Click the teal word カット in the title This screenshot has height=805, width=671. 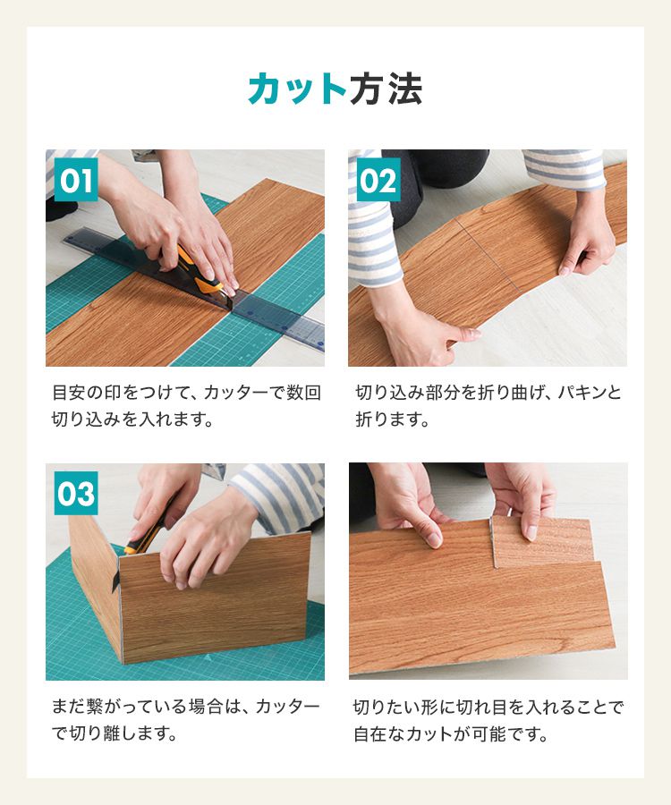[298, 89]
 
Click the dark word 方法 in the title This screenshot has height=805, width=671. [386, 89]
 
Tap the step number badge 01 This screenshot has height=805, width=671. [76, 180]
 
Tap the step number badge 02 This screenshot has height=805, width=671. [378, 180]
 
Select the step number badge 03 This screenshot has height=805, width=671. [76, 494]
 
